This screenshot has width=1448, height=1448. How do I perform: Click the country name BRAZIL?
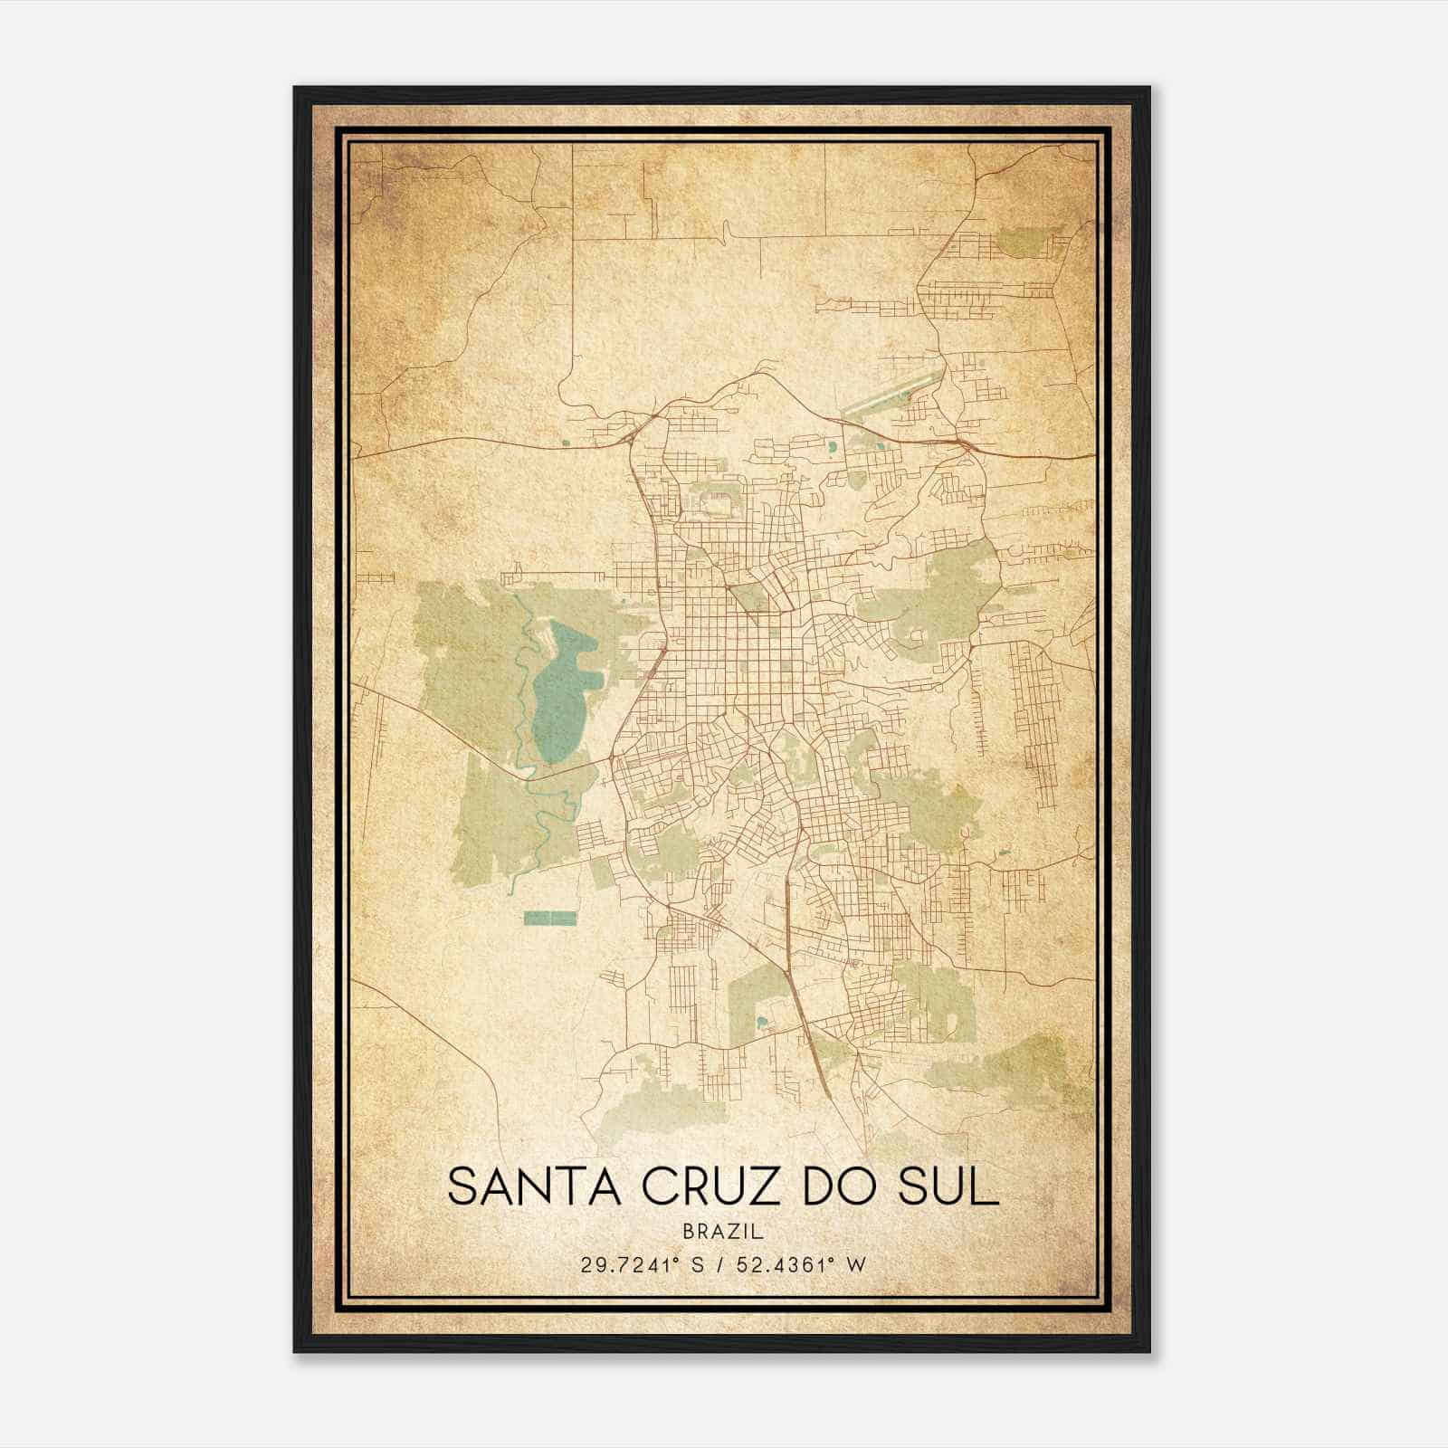click(x=724, y=1231)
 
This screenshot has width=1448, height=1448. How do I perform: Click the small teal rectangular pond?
click(x=550, y=918)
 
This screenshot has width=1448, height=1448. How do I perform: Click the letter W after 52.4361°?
click(x=856, y=1264)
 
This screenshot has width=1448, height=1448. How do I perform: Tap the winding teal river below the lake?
click(x=543, y=814)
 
